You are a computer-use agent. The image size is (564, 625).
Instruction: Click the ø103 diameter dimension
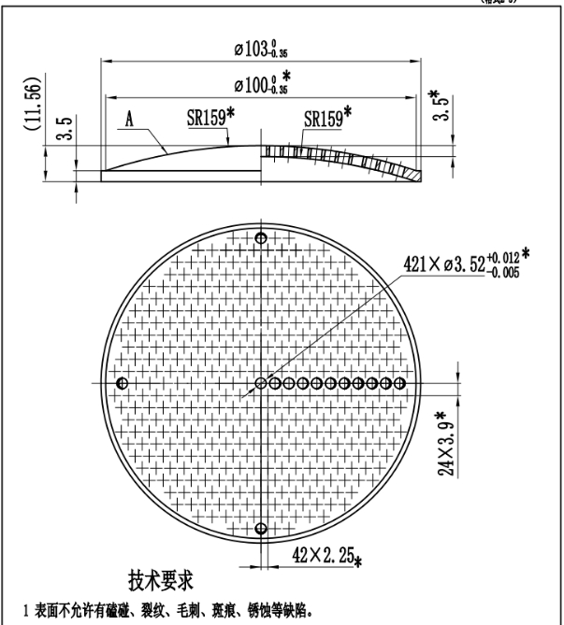tap(259, 50)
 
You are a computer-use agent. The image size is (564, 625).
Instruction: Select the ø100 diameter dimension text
tap(261, 85)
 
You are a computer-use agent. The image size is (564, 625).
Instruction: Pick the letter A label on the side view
tap(132, 120)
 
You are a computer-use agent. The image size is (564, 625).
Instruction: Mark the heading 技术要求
tap(161, 580)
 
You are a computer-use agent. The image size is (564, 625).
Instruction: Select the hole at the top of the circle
tap(260, 238)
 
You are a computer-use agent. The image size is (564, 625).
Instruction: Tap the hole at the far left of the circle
tap(121, 383)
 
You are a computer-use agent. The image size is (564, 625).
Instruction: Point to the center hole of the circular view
tap(261, 383)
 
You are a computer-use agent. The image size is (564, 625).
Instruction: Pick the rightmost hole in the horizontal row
tap(400, 383)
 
